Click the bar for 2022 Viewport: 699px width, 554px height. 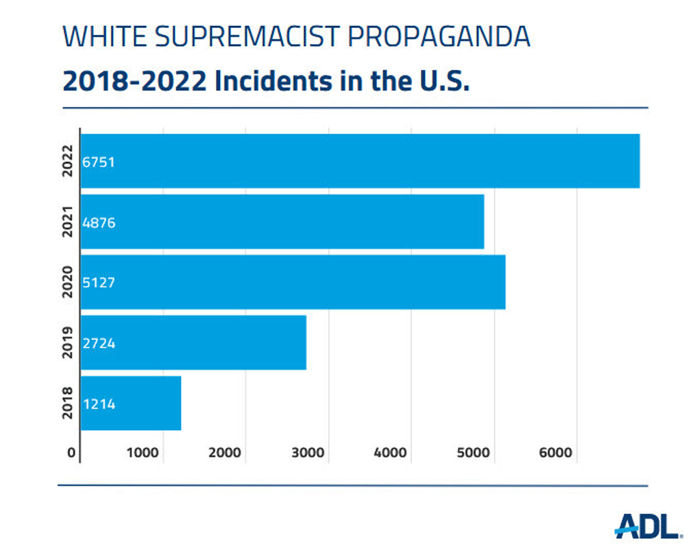(x=360, y=161)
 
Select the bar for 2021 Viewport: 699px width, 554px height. (x=282, y=221)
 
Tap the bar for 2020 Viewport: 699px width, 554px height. (x=293, y=282)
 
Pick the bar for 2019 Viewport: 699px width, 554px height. (x=193, y=343)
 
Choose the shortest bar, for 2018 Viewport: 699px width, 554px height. (x=131, y=403)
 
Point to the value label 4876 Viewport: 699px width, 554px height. (x=99, y=222)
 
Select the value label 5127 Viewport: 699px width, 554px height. (x=99, y=282)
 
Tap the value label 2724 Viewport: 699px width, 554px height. (x=99, y=343)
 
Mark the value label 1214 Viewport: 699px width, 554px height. (x=99, y=404)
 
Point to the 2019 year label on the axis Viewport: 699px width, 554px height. (x=67, y=343)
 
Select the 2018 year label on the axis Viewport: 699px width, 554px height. (x=67, y=403)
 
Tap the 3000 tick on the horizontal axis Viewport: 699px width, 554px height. (x=308, y=453)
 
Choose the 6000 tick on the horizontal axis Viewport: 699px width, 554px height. (x=556, y=453)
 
